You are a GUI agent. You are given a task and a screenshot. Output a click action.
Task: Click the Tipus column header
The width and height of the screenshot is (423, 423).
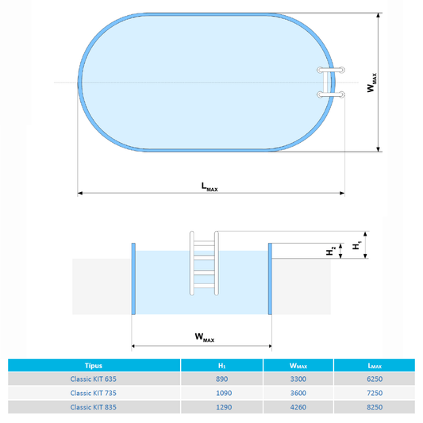coord(95,365)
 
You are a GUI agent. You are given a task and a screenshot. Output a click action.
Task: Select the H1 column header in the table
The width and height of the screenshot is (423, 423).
coord(222,365)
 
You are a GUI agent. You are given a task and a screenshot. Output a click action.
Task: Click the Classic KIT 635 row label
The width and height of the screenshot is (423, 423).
coord(95,379)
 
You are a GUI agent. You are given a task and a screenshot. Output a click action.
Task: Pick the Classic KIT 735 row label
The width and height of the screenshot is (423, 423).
coord(95,393)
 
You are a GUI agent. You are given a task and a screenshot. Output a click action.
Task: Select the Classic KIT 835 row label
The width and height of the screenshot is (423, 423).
coord(95,407)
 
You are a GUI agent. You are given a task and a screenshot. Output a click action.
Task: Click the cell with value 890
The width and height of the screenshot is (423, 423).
coord(222,379)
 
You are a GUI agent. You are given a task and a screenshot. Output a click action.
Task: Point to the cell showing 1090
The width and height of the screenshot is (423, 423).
coord(222,393)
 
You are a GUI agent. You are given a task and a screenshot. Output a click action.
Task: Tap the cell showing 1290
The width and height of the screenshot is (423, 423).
coord(222,407)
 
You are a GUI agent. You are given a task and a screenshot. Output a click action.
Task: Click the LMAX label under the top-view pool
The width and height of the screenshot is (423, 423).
coord(210,187)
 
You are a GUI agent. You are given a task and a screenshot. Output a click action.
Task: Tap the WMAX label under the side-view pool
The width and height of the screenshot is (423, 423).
coord(204,338)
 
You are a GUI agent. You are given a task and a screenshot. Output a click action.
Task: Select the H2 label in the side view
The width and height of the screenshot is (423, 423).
coord(331,251)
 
